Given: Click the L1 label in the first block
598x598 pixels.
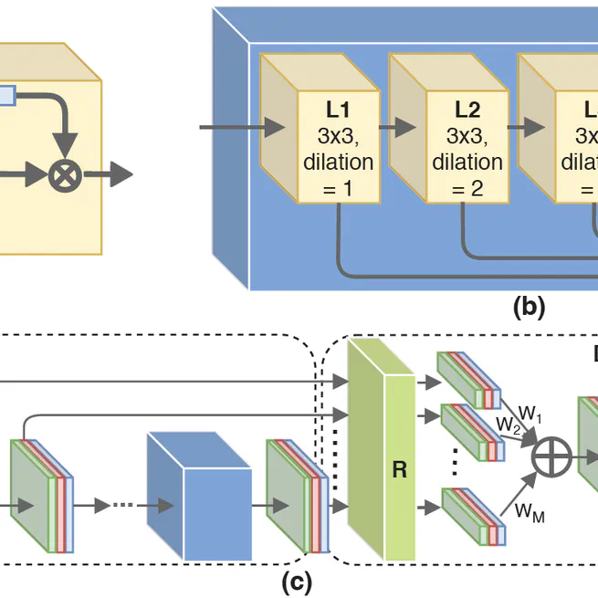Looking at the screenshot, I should [338, 110].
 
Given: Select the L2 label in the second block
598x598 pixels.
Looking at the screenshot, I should [467, 110].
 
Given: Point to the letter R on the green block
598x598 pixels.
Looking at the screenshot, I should [399, 470].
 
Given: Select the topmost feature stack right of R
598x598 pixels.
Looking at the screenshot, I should [469, 378].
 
